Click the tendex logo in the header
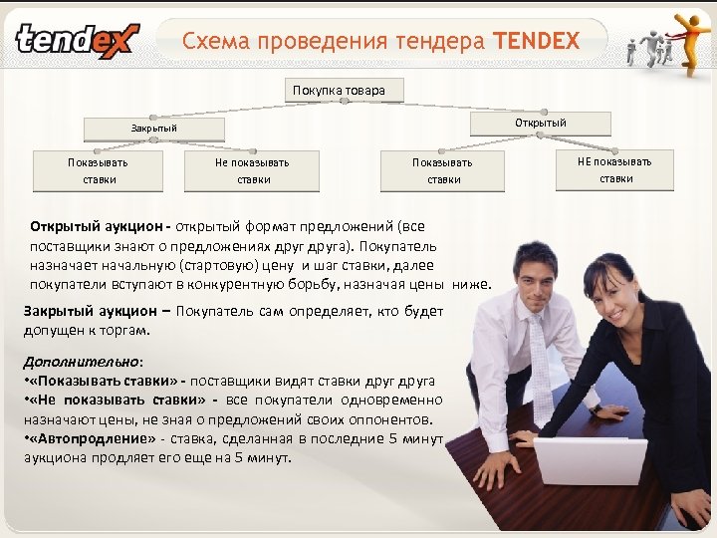pos(78,40)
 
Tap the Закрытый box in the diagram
pos(154,129)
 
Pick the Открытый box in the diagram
pos(540,123)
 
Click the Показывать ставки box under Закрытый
pos(98,170)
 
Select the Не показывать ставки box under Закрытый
pos(253,170)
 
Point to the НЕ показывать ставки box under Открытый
pos(615,169)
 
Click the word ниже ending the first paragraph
pos(471,284)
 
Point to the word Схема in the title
pos(215,42)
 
